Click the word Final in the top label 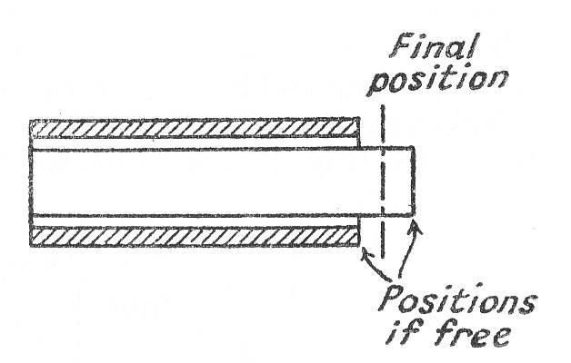[x=434, y=45]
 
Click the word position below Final [x=437, y=81]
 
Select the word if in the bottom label [x=403, y=334]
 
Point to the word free [x=470, y=335]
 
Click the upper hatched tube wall [x=195, y=129]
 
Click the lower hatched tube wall [x=195, y=236]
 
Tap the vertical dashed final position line [x=383, y=181]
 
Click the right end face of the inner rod [x=413, y=181]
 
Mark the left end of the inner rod [x=31, y=181]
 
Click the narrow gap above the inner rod [x=195, y=143]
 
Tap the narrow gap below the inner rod [x=195, y=221]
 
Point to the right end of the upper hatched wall [x=358, y=129]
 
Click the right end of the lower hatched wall [x=358, y=236]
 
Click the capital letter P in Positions [x=393, y=301]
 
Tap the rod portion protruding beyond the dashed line [x=398, y=181]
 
